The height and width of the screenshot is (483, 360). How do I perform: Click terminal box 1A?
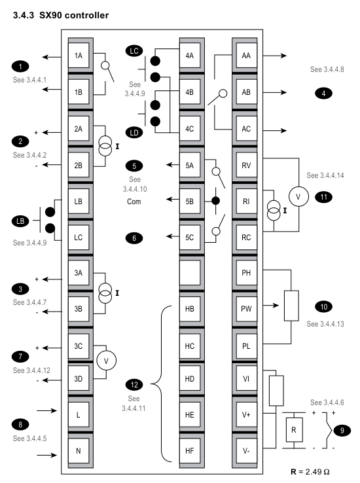(79, 56)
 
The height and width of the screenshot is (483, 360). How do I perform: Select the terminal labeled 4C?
(190, 129)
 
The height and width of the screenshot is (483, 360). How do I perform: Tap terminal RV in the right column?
(246, 166)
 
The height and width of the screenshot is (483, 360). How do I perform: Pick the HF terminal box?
(190, 451)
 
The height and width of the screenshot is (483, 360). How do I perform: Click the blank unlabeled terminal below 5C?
(190, 273)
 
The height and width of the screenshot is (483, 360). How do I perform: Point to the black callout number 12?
(134, 384)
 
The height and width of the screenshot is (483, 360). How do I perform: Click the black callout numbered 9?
(342, 431)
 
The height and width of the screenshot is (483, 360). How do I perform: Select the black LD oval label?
(134, 133)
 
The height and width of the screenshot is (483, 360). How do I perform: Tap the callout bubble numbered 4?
(323, 93)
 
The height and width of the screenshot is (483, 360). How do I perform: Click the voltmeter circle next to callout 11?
(298, 196)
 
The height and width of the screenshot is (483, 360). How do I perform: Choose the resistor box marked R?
(294, 430)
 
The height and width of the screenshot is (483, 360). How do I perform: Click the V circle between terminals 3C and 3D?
(106, 361)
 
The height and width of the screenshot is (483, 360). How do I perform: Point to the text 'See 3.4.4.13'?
(325, 324)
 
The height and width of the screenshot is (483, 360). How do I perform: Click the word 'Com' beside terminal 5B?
(134, 202)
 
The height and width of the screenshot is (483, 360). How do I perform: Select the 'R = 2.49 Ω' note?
(310, 472)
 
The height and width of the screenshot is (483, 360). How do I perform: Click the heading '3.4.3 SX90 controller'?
(61, 15)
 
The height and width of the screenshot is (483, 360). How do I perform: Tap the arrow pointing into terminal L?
(47, 410)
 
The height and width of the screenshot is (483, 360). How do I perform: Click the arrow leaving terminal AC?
(275, 131)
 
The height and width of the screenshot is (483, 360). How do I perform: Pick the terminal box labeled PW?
(246, 309)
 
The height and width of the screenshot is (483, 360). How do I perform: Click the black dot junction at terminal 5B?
(215, 201)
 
